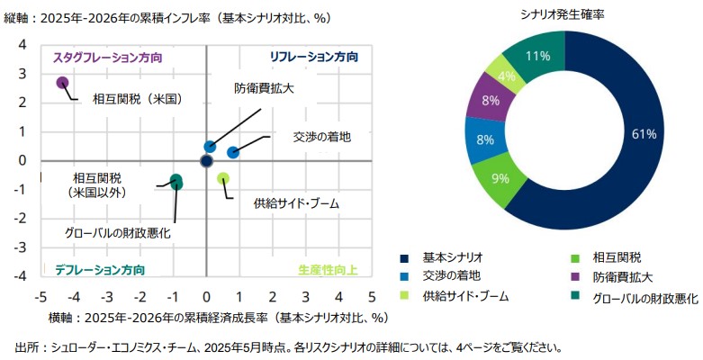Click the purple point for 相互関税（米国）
pos(62,83)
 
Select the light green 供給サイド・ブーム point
pos(223,178)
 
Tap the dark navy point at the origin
pos(206,161)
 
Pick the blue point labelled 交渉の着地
pos(233,152)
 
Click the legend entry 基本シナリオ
pos(453,257)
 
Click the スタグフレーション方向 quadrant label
pos(107,56)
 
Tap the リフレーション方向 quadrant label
pos(314,56)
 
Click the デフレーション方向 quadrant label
pos(100,269)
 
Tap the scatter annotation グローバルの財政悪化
pos(118,232)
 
